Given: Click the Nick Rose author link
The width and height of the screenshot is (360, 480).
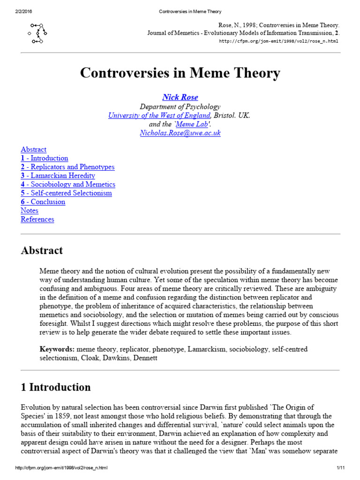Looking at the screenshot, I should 180,97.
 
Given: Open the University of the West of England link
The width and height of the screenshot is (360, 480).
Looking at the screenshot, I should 159,115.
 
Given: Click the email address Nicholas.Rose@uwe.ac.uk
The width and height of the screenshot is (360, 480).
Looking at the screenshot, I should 180,133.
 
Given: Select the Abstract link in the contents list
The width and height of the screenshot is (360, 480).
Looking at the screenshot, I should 33,150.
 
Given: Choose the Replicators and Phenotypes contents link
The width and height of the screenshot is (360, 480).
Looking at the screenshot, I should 67,167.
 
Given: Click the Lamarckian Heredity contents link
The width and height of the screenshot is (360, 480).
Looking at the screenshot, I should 58,176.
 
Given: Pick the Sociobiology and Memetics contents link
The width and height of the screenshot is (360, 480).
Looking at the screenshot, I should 68,185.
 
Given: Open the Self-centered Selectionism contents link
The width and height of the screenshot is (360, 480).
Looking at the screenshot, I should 66,193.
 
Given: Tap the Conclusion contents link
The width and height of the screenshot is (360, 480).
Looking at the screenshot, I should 43,202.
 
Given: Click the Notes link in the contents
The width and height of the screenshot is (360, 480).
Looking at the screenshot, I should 30,210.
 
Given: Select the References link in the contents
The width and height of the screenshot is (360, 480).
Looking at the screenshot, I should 37,219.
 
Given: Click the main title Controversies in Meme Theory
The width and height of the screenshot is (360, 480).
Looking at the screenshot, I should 180,73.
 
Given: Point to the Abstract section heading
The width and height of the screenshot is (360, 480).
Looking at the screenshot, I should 42,250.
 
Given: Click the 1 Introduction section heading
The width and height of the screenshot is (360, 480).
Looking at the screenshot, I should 56,387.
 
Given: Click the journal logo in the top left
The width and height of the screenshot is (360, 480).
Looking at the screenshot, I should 38,33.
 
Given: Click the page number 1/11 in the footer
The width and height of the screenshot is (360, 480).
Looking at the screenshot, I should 340,469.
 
